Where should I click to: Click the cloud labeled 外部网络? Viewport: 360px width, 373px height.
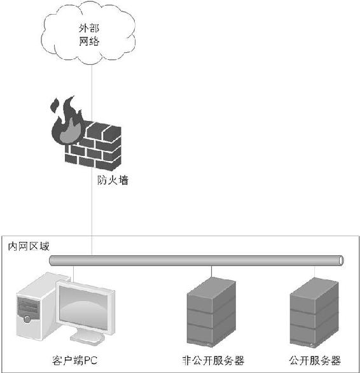[x=88, y=33]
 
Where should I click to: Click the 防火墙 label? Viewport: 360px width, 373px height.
[x=113, y=180]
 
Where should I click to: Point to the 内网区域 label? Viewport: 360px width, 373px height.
[x=29, y=246]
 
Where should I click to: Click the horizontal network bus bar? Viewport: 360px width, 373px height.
[x=197, y=260]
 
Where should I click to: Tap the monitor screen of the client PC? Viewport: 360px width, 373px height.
[x=83, y=307]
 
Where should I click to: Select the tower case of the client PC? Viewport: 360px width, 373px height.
[x=36, y=307]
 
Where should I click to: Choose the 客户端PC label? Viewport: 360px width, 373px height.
[x=74, y=360]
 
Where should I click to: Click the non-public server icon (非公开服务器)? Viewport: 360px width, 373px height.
[x=211, y=312]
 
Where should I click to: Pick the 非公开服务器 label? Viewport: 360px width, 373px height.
[x=213, y=360]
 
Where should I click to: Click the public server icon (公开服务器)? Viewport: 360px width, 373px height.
[x=314, y=313]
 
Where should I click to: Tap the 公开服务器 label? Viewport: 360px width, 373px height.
[x=315, y=360]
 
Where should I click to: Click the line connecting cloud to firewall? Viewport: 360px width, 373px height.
[x=92, y=92]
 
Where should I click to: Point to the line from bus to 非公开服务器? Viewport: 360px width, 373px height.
[x=211, y=271]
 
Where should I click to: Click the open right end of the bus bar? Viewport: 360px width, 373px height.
[x=341, y=260]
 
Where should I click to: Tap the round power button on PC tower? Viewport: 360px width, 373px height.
[x=27, y=319]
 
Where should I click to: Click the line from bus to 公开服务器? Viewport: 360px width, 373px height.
[x=315, y=272]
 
